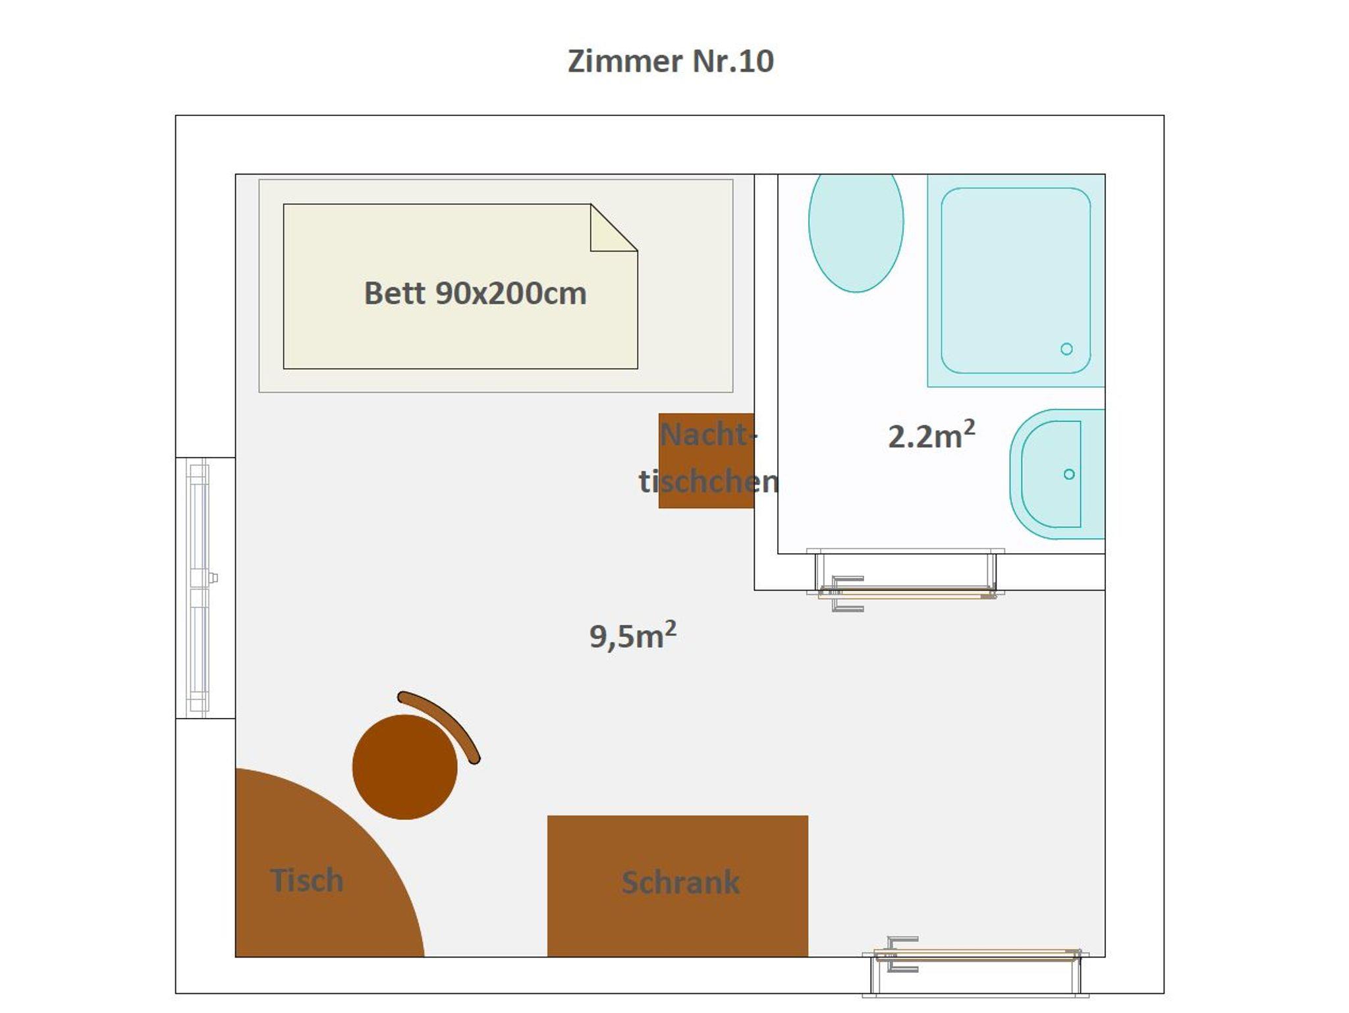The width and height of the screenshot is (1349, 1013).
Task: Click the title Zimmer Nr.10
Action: (x=671, y=61)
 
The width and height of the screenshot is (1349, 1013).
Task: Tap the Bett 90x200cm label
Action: (x=475, y=293)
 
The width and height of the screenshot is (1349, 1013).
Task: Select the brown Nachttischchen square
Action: (x=706, y=460)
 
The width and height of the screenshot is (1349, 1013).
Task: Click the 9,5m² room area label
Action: (x=632, y=635)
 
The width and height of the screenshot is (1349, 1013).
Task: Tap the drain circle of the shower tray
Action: (x=1066, y=349)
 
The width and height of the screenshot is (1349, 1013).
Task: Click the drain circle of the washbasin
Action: (x=1069, y=474)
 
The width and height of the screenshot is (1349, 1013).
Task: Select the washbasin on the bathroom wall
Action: (x=1057, y=474)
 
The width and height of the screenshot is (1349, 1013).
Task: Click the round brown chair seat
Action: (x=404, y=767)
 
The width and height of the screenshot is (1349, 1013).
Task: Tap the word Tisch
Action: (x=306, y=880)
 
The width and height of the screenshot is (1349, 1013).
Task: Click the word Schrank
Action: (x=680, y=883)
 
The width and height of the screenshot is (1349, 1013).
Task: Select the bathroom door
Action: (x=906, y=580)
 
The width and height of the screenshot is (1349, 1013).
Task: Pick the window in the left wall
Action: (x=198, y=588)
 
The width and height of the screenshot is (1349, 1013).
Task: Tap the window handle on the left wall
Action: (x=213, y=578)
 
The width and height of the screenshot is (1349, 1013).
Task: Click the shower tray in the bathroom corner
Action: (x=1016, y=281)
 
